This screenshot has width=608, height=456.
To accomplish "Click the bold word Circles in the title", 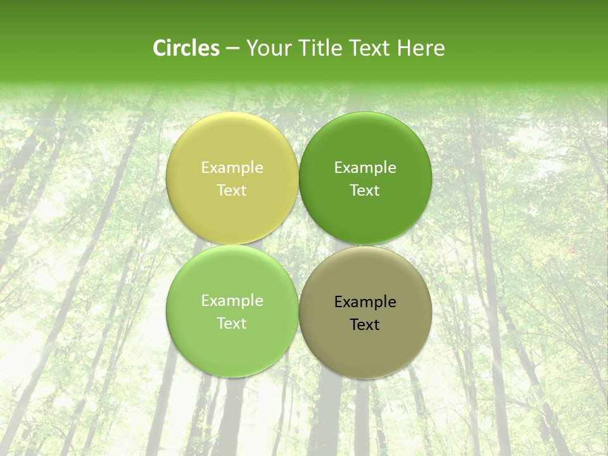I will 186,48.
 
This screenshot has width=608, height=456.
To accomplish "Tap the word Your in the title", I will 267,48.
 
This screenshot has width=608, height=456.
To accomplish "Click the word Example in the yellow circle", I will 232,168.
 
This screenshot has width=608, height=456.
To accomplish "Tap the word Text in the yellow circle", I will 232,191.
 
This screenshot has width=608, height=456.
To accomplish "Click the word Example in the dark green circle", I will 365,168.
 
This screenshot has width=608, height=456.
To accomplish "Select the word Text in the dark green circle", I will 365,191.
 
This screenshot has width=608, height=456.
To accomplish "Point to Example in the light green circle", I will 232,301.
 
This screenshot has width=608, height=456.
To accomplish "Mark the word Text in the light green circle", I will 232,324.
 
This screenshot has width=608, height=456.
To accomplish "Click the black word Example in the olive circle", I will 365,302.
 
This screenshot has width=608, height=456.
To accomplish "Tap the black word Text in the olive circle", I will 365,325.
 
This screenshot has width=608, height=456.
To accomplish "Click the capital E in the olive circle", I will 338,301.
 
